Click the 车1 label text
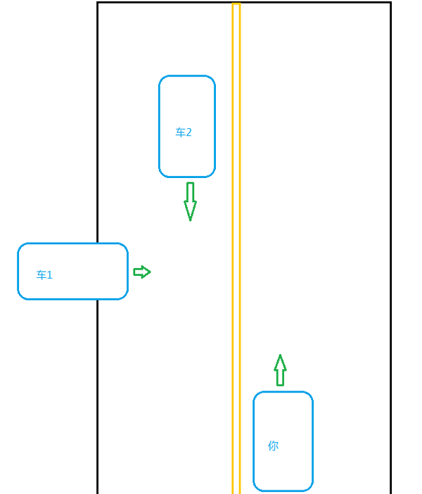pyautogui.click(x=44, y=275)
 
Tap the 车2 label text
pyautogui.click(x=184, y=132)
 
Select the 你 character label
pyautogui.click(x=273, y=445)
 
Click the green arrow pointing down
pyautogui.click(x=190, y=201)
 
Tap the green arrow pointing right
pyautogui.click(x=141, y=272)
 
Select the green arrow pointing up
pyautogui.click(x=280, y=370)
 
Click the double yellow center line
pyautogui.click(x=236, y=246)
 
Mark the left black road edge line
pyautogui.click(x=97, y=141)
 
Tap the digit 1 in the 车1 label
pyautogui.click(x=50, y=275)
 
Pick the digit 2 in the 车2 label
pyautogui.click(x=188, y=132)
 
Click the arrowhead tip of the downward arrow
pyautogui.click(x=190, y=219)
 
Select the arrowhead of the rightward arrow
pyautogui.click(x=148, y=272)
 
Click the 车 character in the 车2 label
pyautogui.click(x=180, y=132)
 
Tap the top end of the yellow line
pyautogui.click(x=236, y=5)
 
